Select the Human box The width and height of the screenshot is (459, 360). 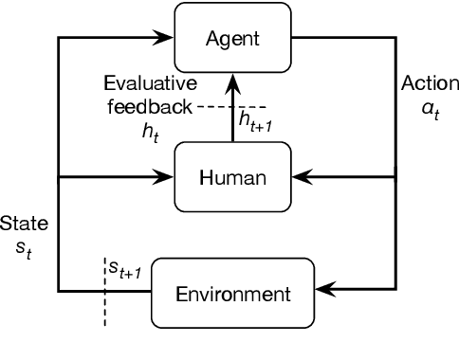pos(233,176)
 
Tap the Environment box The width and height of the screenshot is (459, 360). pos(232,292)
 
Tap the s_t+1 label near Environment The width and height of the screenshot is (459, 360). pos(124,272)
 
